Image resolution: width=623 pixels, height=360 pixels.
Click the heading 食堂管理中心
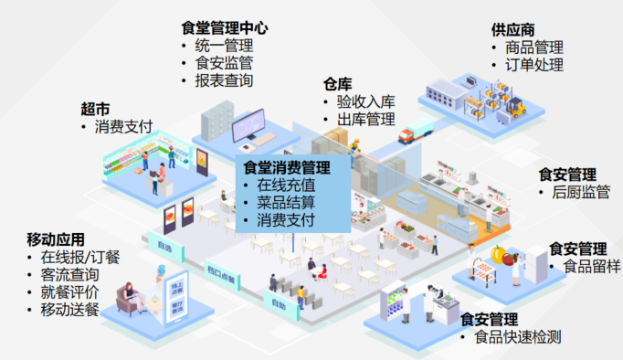(x=224, y=27)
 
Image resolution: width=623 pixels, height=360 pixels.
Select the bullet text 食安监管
(x=224, y=63)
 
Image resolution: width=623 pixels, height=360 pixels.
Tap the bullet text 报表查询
(x=224, y=80)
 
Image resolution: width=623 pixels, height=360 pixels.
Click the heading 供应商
(x=512, y=30)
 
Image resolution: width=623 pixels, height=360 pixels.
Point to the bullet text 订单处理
(x=533, y=65)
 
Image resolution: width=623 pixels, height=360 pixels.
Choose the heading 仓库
(x=337, y=84)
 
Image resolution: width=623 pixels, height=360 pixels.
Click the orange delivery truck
(x=416, y=132)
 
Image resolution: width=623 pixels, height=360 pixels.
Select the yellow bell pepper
(x=498, y=255)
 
